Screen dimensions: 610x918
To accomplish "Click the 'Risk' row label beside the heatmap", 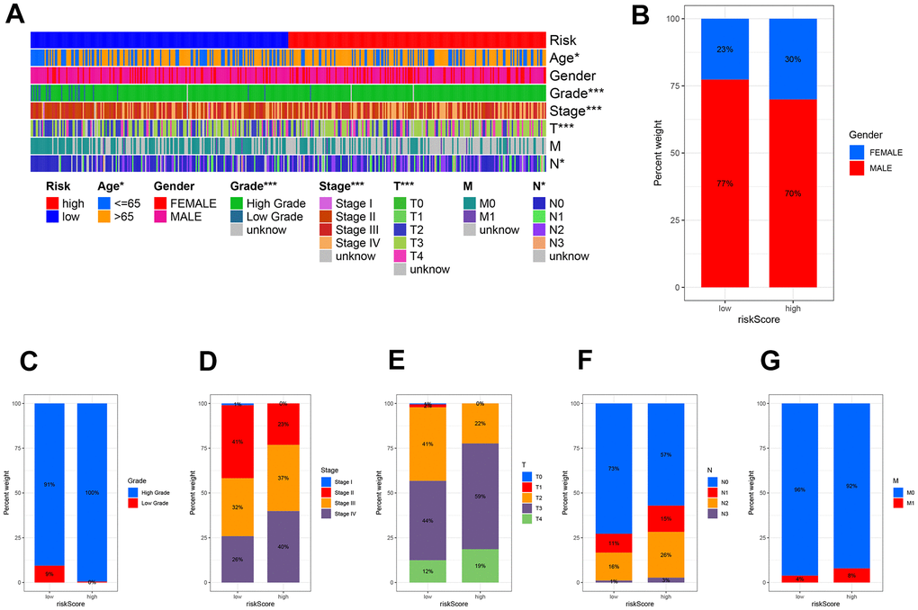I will point(563,40).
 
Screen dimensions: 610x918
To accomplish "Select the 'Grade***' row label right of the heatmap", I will point(577,94).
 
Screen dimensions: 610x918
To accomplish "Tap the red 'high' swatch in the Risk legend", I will point(53,204).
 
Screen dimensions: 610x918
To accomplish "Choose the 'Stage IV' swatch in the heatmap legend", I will point(326,243).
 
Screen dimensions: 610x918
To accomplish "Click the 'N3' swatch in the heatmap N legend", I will point(538,243).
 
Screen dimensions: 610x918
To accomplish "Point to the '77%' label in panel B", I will point(724,183).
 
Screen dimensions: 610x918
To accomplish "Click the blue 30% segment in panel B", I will point(792,58).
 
